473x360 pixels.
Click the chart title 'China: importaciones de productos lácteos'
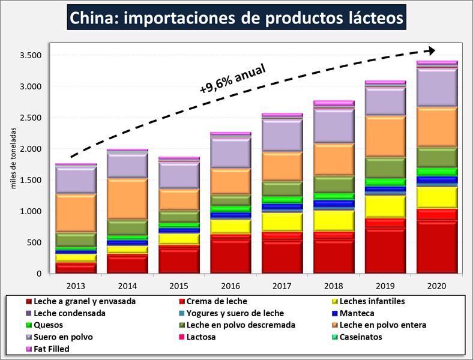(237, 17)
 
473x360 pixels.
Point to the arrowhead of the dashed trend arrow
(431, 50)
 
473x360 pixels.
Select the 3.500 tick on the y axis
(29, 55)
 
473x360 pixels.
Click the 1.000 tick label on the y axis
(29, 211)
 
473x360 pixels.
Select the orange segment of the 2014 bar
(128, 199)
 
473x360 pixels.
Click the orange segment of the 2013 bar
(76, 213)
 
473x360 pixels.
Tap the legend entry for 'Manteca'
(358, 313)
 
